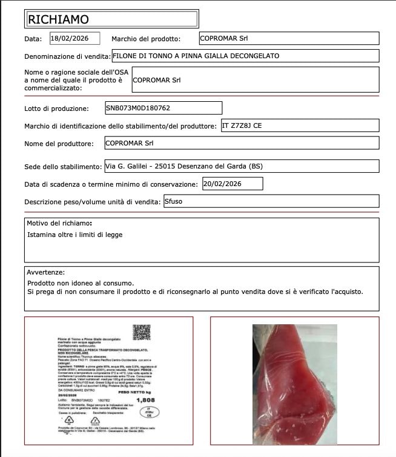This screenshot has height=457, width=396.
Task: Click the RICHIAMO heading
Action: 59,19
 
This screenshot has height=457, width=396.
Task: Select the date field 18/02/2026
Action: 70,38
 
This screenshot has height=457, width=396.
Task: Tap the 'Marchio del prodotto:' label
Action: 146,39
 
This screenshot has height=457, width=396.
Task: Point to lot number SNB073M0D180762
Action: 137,108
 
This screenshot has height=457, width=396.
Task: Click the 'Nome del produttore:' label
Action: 59,144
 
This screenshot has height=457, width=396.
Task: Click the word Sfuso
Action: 173,201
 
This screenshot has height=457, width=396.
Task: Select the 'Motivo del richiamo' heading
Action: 59,223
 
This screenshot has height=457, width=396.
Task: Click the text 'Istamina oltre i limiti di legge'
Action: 74,235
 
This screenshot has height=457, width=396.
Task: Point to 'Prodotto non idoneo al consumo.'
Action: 81,283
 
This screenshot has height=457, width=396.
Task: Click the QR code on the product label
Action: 141,332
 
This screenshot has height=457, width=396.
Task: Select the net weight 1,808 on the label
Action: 147,400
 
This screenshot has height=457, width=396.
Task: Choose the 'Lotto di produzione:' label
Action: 56,108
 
